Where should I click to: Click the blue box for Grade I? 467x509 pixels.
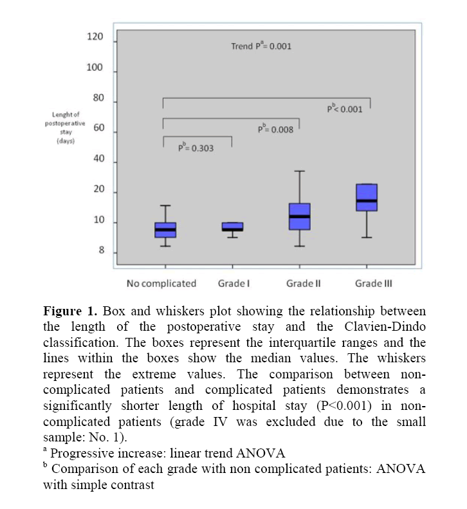(232, 227)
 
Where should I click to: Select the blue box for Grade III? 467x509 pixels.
(367, 198)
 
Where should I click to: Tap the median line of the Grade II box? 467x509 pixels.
(299, 216)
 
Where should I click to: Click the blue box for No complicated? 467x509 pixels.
(165, 230)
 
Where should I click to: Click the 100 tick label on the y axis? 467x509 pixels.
(95, 68)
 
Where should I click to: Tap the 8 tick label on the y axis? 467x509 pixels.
(100, 251)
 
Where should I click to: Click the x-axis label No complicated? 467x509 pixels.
(161, 283)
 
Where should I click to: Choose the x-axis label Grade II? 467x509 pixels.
(303, 283)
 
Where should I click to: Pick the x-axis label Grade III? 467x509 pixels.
(374, 283)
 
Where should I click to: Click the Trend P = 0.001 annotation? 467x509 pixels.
(261, 46)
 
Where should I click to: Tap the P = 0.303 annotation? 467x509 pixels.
(196, 147)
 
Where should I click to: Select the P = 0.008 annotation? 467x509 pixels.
(275, 129)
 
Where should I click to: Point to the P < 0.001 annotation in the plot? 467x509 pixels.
(345, 109)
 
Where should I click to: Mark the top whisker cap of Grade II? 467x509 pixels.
(299, 171)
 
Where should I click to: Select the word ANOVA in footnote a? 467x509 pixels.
(263, 453)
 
